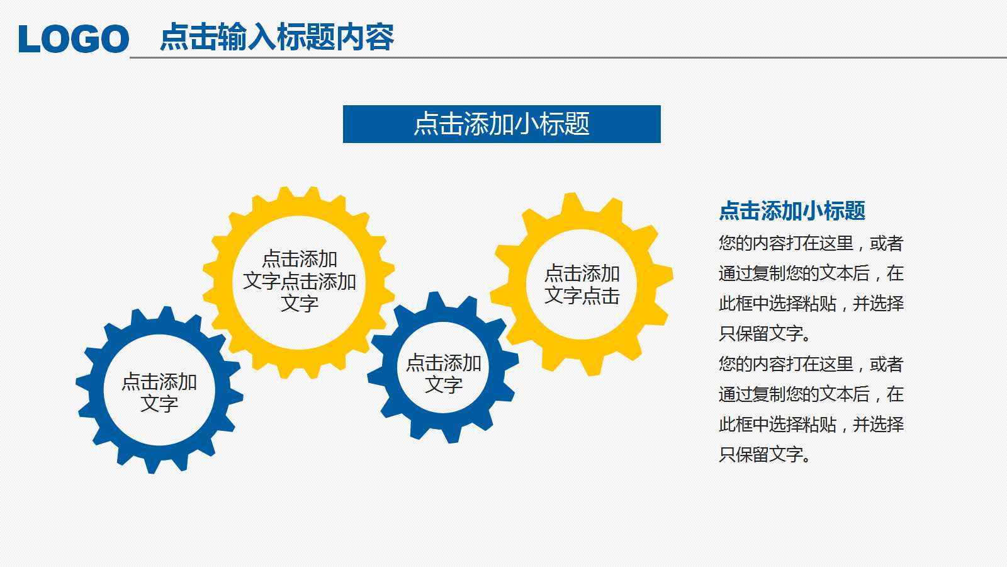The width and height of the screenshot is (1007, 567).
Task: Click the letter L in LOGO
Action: [30, 38]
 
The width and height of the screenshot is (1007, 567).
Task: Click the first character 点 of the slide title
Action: [174, 37]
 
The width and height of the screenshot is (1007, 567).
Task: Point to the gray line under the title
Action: [568, 57]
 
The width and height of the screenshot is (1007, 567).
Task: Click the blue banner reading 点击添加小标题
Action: [502, 124]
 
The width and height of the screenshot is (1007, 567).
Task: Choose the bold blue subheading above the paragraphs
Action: [792, 210]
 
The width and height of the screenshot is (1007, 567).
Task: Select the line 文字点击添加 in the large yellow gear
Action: [300, 282]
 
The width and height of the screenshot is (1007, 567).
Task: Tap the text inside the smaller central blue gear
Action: [444, 374]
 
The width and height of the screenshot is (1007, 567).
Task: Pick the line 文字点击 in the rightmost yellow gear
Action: [582, 295]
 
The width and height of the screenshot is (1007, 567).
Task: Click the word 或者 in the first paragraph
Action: [887, 243]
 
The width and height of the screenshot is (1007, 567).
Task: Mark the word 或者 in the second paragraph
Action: [887, 364]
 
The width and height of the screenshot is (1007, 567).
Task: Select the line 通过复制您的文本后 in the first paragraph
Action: [794, 273]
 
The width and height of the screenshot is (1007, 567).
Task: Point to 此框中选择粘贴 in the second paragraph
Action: [778, 425]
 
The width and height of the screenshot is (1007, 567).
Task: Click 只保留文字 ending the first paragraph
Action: [761, 334]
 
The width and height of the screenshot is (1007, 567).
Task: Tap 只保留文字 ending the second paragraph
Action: [761, 454]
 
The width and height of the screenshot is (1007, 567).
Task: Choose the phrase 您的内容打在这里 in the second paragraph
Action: [786, 364]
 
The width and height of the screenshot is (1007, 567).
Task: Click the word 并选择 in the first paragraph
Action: [879, 304]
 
